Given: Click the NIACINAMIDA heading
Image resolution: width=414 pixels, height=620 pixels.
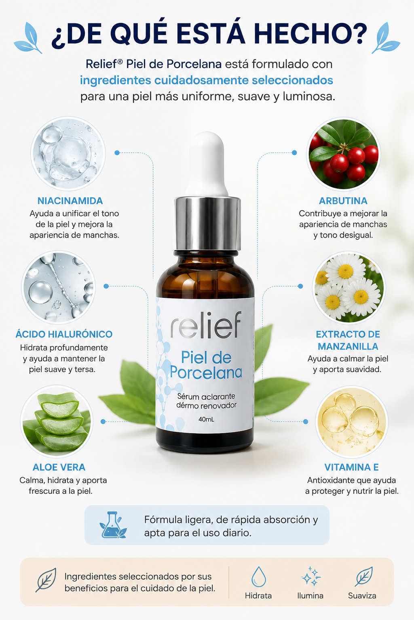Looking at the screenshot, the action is tap(70, 201).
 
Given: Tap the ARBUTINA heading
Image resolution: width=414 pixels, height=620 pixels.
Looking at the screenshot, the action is tap(343, 201).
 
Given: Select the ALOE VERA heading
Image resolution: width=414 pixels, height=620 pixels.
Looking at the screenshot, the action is tap(59, 467).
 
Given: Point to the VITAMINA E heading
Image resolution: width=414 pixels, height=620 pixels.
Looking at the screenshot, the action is tap(352, 467).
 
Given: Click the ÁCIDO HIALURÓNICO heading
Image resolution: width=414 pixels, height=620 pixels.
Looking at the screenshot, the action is tap(64, 334).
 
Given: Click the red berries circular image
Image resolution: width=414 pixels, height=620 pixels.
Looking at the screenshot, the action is tap(343, 154).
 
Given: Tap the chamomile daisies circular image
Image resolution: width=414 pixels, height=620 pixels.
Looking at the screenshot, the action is tap(349, 287).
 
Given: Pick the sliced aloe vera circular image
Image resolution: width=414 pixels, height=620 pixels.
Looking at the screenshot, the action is tap(57, 421).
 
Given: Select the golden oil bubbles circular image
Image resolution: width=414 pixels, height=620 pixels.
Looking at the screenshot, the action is tap(352, 421).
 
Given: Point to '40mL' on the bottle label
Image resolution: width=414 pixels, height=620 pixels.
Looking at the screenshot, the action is tap(206, 419).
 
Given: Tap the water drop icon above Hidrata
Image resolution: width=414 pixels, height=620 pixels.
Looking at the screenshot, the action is tap(258, 576).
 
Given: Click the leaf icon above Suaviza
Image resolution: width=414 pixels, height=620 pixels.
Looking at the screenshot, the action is tap(363, 576).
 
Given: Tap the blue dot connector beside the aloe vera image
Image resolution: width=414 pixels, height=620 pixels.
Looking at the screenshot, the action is tap(103, 421).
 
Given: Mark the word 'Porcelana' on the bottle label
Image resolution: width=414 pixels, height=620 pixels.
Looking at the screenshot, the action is tap(206, 372).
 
